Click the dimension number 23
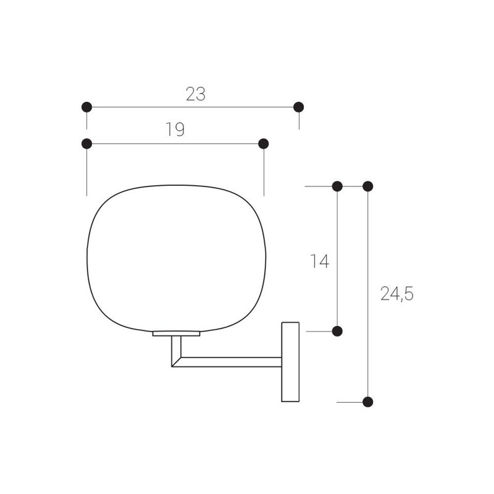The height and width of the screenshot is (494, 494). (196, 94)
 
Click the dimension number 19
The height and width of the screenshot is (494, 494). (175, 129)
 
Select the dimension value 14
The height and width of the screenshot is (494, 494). (320, 261)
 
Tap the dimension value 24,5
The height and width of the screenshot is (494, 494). (397, 294)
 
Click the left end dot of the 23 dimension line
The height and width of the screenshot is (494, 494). (86, 107)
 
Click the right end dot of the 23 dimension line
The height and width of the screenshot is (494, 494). (299, 107)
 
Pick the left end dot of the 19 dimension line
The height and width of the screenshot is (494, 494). (86, 144)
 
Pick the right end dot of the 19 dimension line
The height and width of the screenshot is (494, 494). (264, 144)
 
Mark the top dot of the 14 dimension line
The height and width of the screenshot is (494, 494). (337, 186)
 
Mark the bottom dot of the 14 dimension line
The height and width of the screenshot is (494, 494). (337, 331)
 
